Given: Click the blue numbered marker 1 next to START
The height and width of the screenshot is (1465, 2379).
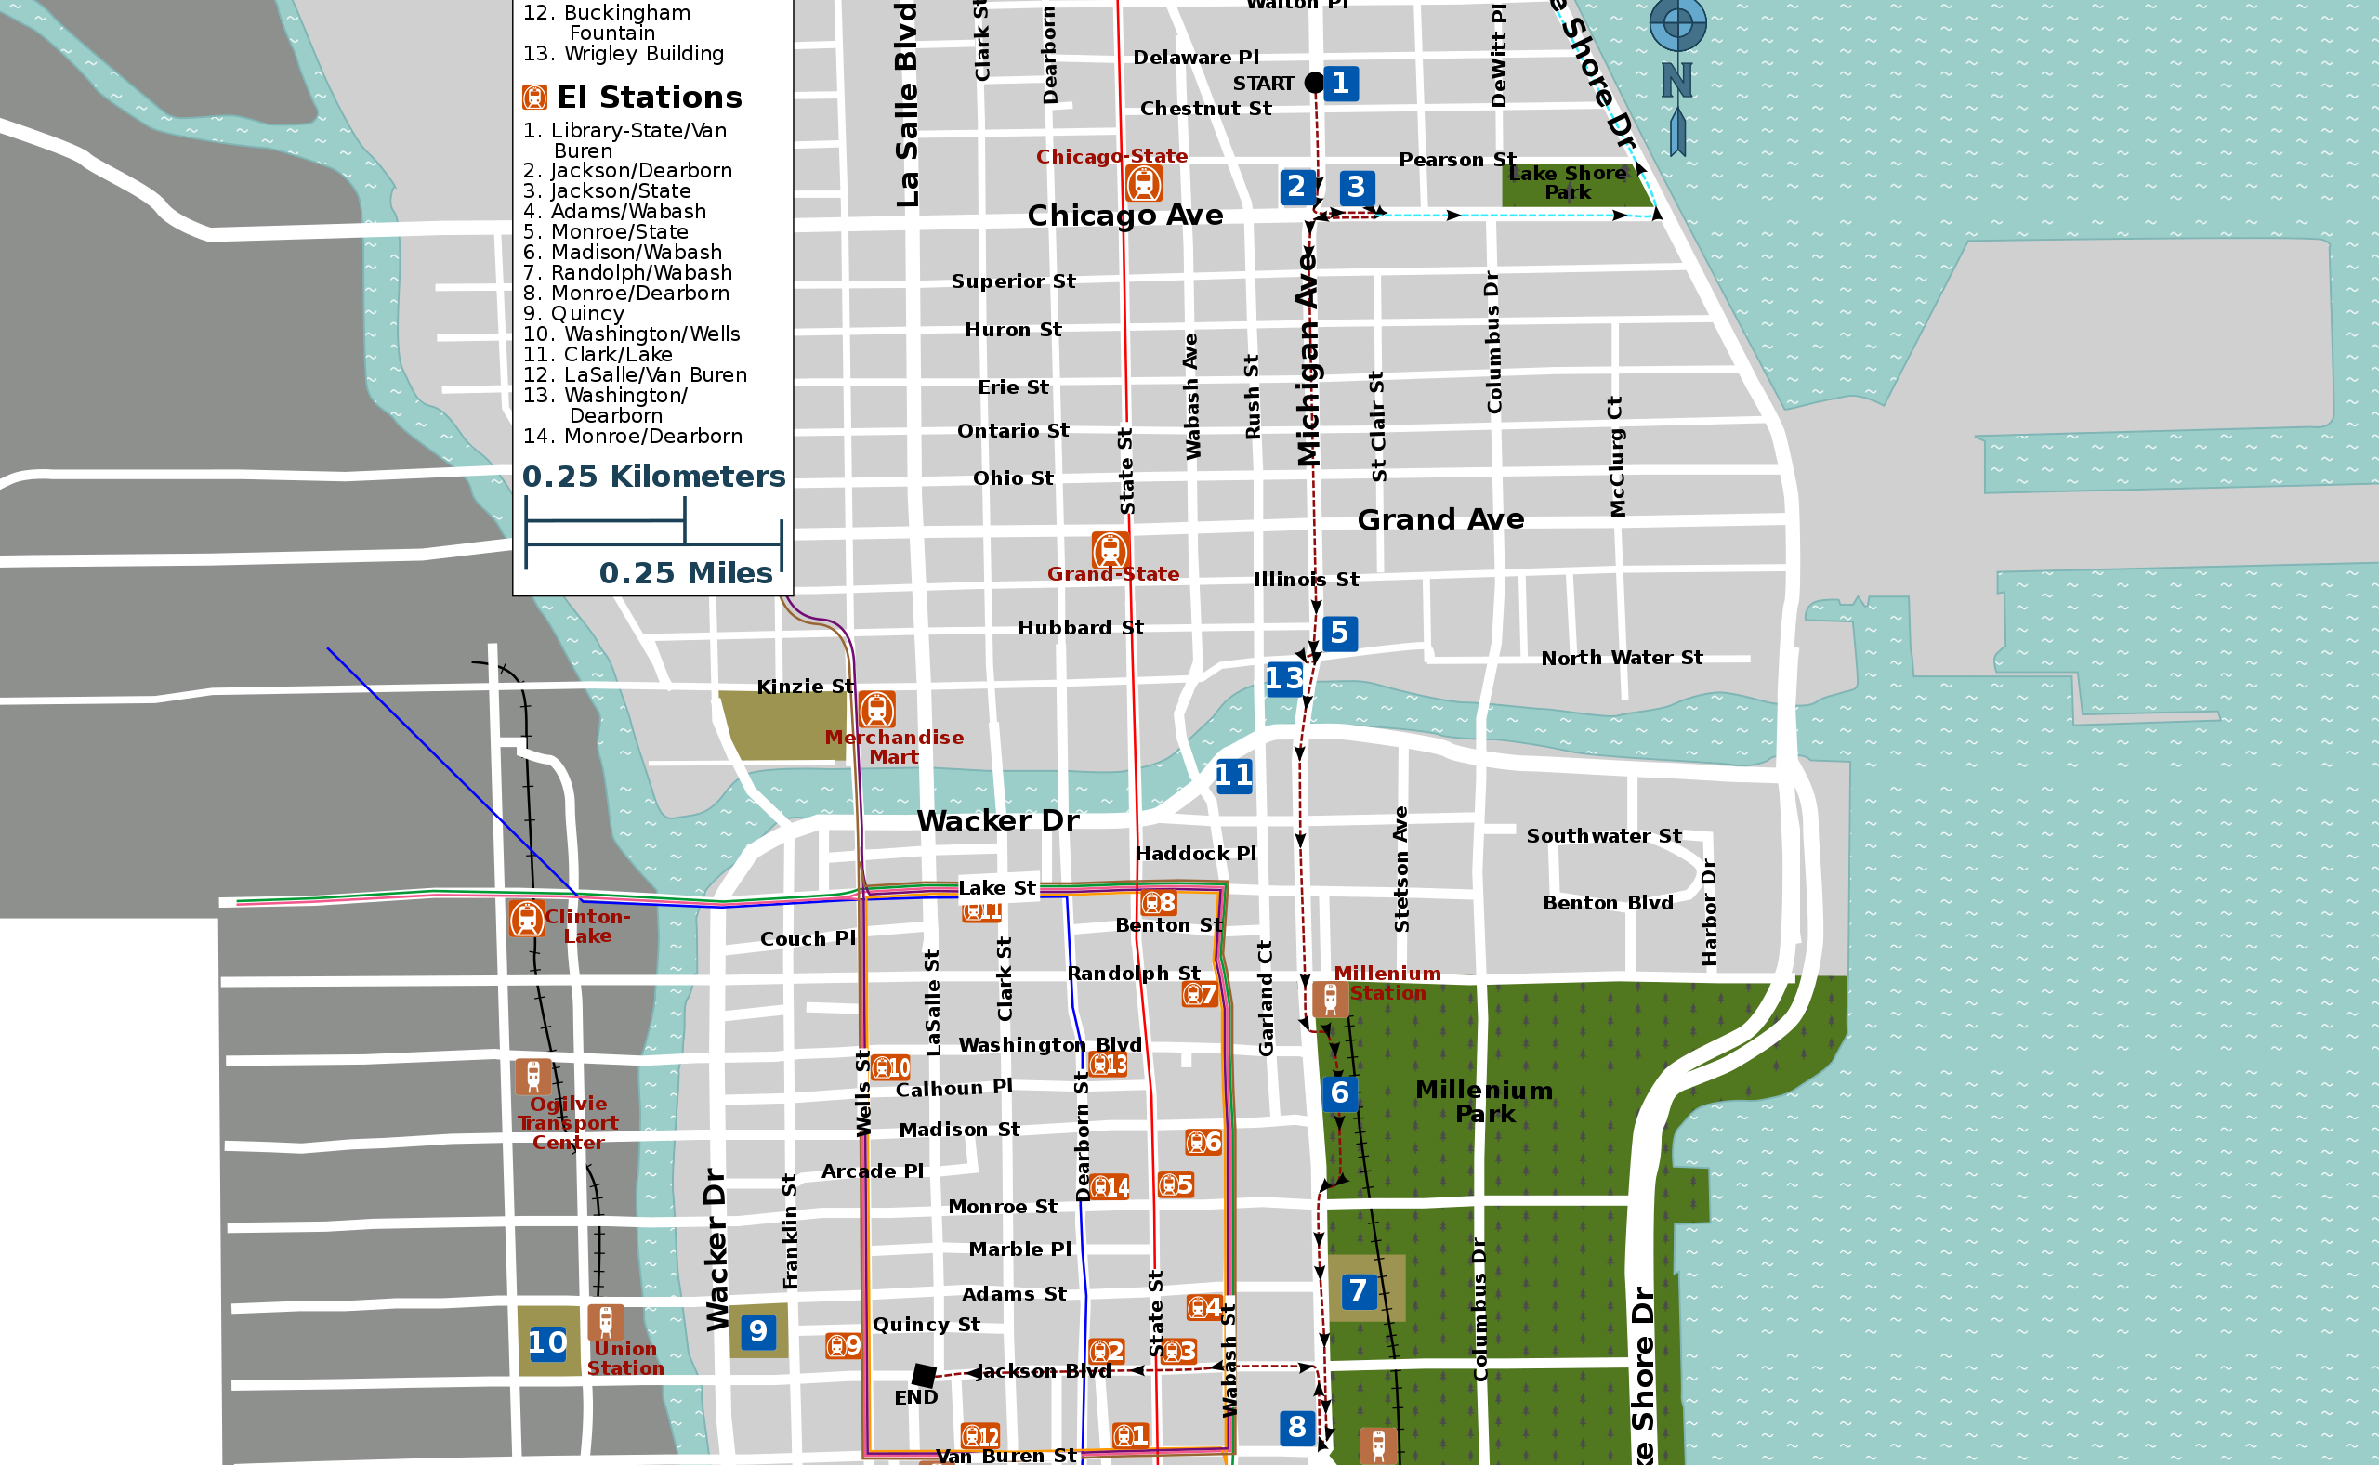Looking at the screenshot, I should (1340, 84).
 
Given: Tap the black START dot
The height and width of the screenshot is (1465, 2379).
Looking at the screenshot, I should (1314, 84).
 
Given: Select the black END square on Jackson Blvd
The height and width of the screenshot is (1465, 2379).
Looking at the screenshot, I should (924, 1375).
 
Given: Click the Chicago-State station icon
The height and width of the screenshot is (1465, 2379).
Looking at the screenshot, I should (1143, 183).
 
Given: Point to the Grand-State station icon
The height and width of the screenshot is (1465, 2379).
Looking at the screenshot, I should (1110, 550).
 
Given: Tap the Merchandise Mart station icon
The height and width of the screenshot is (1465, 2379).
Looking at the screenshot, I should (876, 709).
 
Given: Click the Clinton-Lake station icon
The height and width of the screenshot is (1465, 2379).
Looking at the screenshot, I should (526, 918).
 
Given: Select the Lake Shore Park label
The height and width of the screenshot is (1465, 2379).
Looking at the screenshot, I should (1567, 183).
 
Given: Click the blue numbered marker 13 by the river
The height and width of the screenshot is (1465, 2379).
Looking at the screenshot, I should (1283, 678).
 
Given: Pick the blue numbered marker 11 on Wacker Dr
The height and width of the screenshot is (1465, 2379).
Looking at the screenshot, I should (1233, 775).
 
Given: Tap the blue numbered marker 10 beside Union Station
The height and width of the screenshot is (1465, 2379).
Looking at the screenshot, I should (547, 1343).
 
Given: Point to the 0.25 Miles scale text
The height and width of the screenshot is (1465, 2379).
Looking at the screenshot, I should (685, 572).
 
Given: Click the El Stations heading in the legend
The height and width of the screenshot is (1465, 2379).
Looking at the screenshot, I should (649, 97).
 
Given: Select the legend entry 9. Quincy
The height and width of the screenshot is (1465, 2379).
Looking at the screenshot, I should (573, 314).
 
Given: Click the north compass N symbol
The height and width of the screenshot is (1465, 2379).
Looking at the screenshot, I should (1676, 81).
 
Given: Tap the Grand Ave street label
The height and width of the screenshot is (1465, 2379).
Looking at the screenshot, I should (1440, 520).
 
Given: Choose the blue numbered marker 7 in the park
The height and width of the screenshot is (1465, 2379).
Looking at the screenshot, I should (1358, 1290).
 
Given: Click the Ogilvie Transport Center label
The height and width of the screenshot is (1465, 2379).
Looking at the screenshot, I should (568, 1123).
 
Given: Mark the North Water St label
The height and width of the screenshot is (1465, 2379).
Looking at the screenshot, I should (1622, 658).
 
